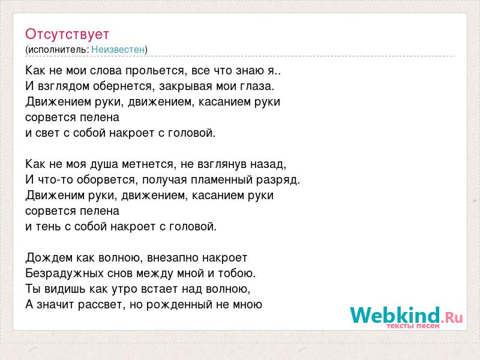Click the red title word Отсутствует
point(67,34)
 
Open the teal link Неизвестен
point(118,49)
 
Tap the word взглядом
point(64,86)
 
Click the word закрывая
point(186,86)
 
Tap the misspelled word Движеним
point(55,196)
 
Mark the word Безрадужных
point(64,274)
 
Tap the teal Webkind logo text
point(395,315)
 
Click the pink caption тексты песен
point(413,326)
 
